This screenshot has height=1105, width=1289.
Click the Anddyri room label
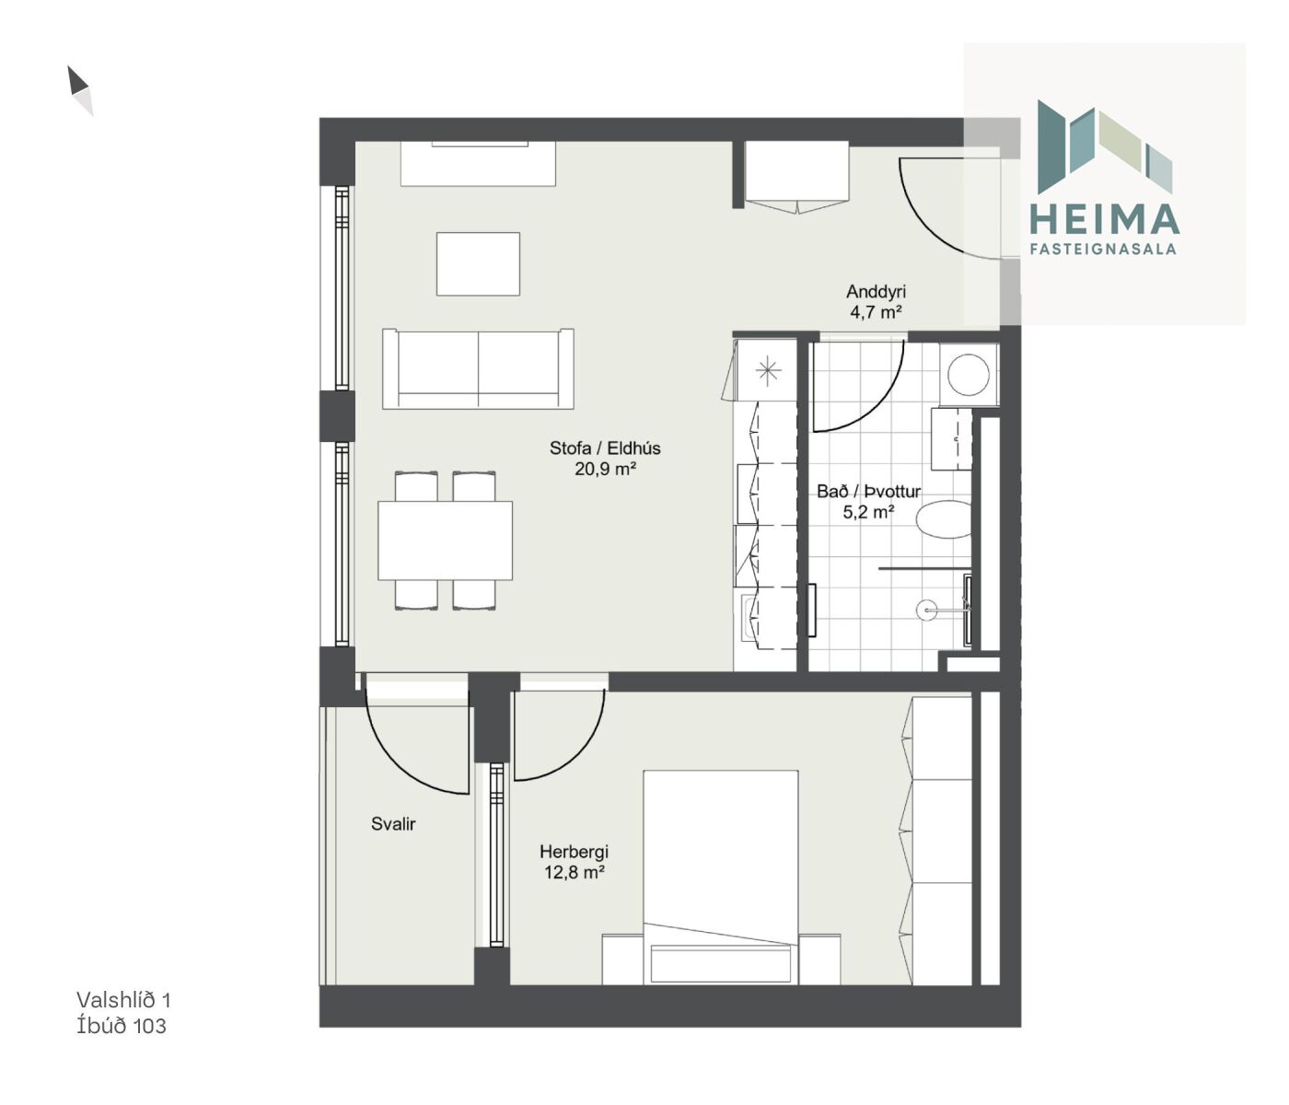point(876,291)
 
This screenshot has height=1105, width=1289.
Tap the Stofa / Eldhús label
point(605,448)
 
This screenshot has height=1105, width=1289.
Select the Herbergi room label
point(574,852)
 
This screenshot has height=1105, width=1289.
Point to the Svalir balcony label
point(393,824)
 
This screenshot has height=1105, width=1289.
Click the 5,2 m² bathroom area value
point(868,513)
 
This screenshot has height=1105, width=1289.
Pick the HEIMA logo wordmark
point(1104,219)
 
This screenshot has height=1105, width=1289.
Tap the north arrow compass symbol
point(80,91)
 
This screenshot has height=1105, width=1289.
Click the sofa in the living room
point(478,369)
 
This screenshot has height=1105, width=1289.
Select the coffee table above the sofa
point(478,263)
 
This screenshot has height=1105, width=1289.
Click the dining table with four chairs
point(446,541)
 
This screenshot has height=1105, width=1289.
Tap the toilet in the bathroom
point(944,518)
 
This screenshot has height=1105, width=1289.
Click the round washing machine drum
point(969,375)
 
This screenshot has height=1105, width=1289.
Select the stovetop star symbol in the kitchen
point(768,371)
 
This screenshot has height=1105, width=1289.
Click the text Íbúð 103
point(122,1026)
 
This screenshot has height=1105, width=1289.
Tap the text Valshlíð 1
point(123,1000)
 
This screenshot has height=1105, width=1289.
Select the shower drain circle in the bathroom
point(926,610)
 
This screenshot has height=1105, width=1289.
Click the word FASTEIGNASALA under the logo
point(1103,249)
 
